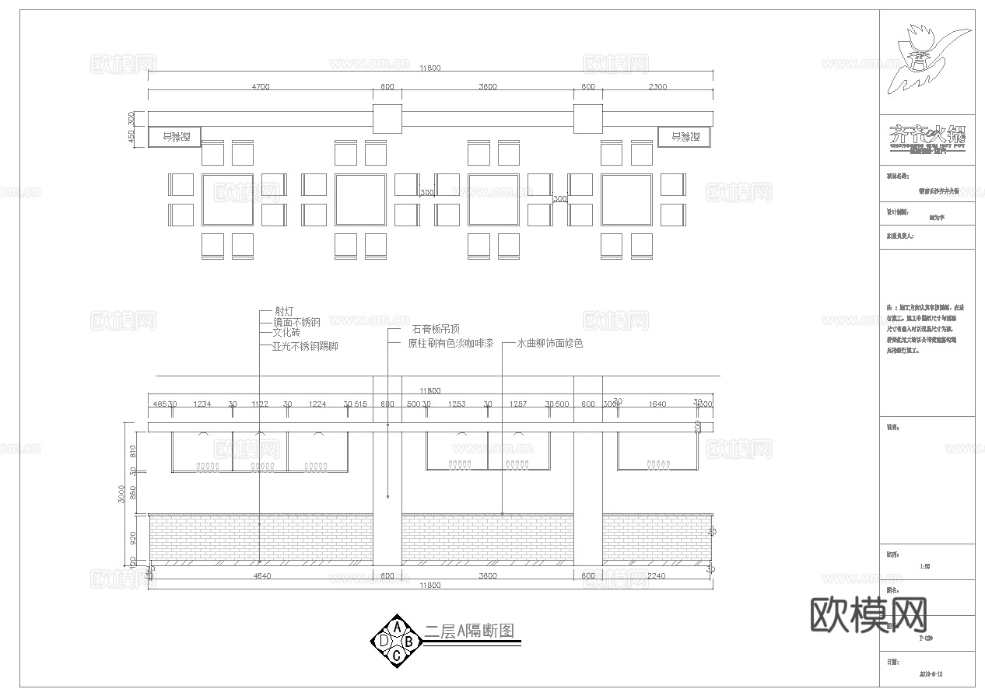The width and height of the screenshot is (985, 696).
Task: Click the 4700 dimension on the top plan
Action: point(260,86)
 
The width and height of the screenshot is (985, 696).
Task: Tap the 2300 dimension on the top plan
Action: point(657,86)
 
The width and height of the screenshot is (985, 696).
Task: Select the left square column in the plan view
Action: point(387,118)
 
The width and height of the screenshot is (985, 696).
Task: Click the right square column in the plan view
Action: point(588,118)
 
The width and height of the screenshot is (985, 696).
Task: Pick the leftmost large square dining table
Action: point(227,199)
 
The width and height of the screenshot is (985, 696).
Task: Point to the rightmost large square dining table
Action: point(626,199)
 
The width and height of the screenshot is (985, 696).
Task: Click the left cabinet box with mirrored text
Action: point(175,137)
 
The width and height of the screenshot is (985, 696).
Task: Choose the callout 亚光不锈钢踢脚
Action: point(305,346)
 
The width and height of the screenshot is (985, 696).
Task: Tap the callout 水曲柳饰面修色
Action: point(550,343)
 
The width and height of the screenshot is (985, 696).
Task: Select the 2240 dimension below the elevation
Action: point(657,576)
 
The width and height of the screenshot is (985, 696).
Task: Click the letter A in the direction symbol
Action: point(397,628)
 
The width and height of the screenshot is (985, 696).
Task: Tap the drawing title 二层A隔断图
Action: point(470,631)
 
